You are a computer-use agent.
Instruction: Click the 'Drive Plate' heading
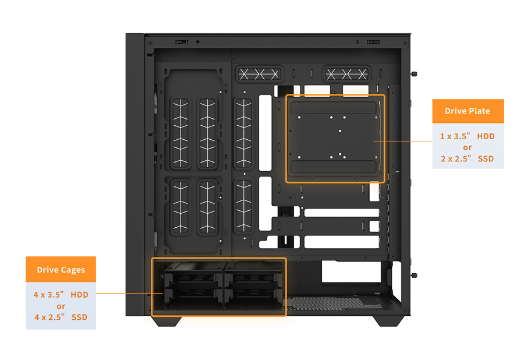coord(467,111)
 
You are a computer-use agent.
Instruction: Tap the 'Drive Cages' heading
coord(61,270)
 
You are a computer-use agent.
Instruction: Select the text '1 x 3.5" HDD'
coord(467,136)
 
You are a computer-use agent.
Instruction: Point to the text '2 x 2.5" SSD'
coord(467,158)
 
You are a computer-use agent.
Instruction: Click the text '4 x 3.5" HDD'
coord(61,295)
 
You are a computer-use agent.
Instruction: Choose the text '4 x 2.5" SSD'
coord(61,317)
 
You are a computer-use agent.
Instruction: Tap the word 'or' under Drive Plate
coord(467,147)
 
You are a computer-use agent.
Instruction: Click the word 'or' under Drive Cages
coord(61,306)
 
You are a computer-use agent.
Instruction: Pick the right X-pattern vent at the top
coord(346,74)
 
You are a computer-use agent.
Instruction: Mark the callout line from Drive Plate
coord(394,140)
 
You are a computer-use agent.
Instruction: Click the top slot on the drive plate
coord(335,108)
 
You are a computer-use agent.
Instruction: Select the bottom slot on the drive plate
coord(335,168)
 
